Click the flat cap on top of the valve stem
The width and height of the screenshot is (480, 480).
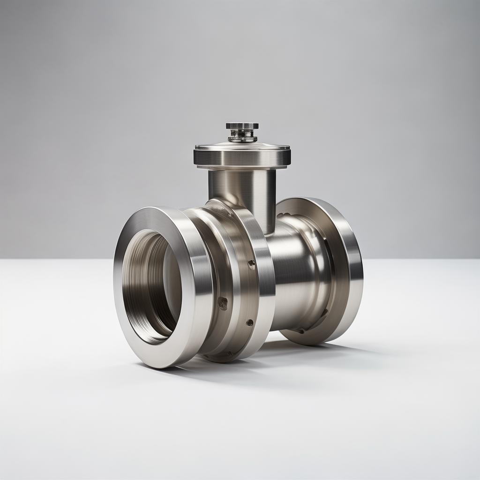coord(242,126)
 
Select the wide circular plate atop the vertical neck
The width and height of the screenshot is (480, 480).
coord(242,155)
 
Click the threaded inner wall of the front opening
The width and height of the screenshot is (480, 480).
coord(141,281)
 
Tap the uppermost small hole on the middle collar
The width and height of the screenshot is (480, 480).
coord(252,264)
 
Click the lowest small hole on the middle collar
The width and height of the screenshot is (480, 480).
coord(249,322)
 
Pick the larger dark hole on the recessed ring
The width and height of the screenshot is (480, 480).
coord(223,303)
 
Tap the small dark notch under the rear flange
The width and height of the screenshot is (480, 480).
coord(300,331)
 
